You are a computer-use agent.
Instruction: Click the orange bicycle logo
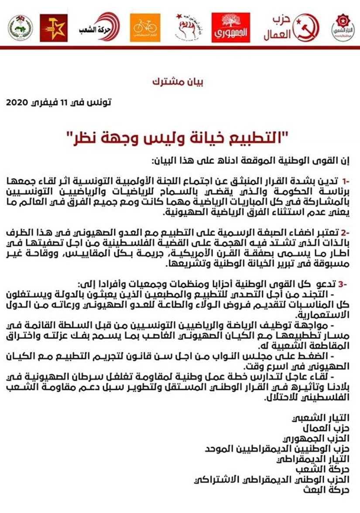145,27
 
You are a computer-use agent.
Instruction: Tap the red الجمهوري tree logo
231,27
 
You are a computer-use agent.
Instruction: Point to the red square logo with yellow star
54,27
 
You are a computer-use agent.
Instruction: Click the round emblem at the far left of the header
20,28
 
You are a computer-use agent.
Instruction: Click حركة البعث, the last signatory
336,489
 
